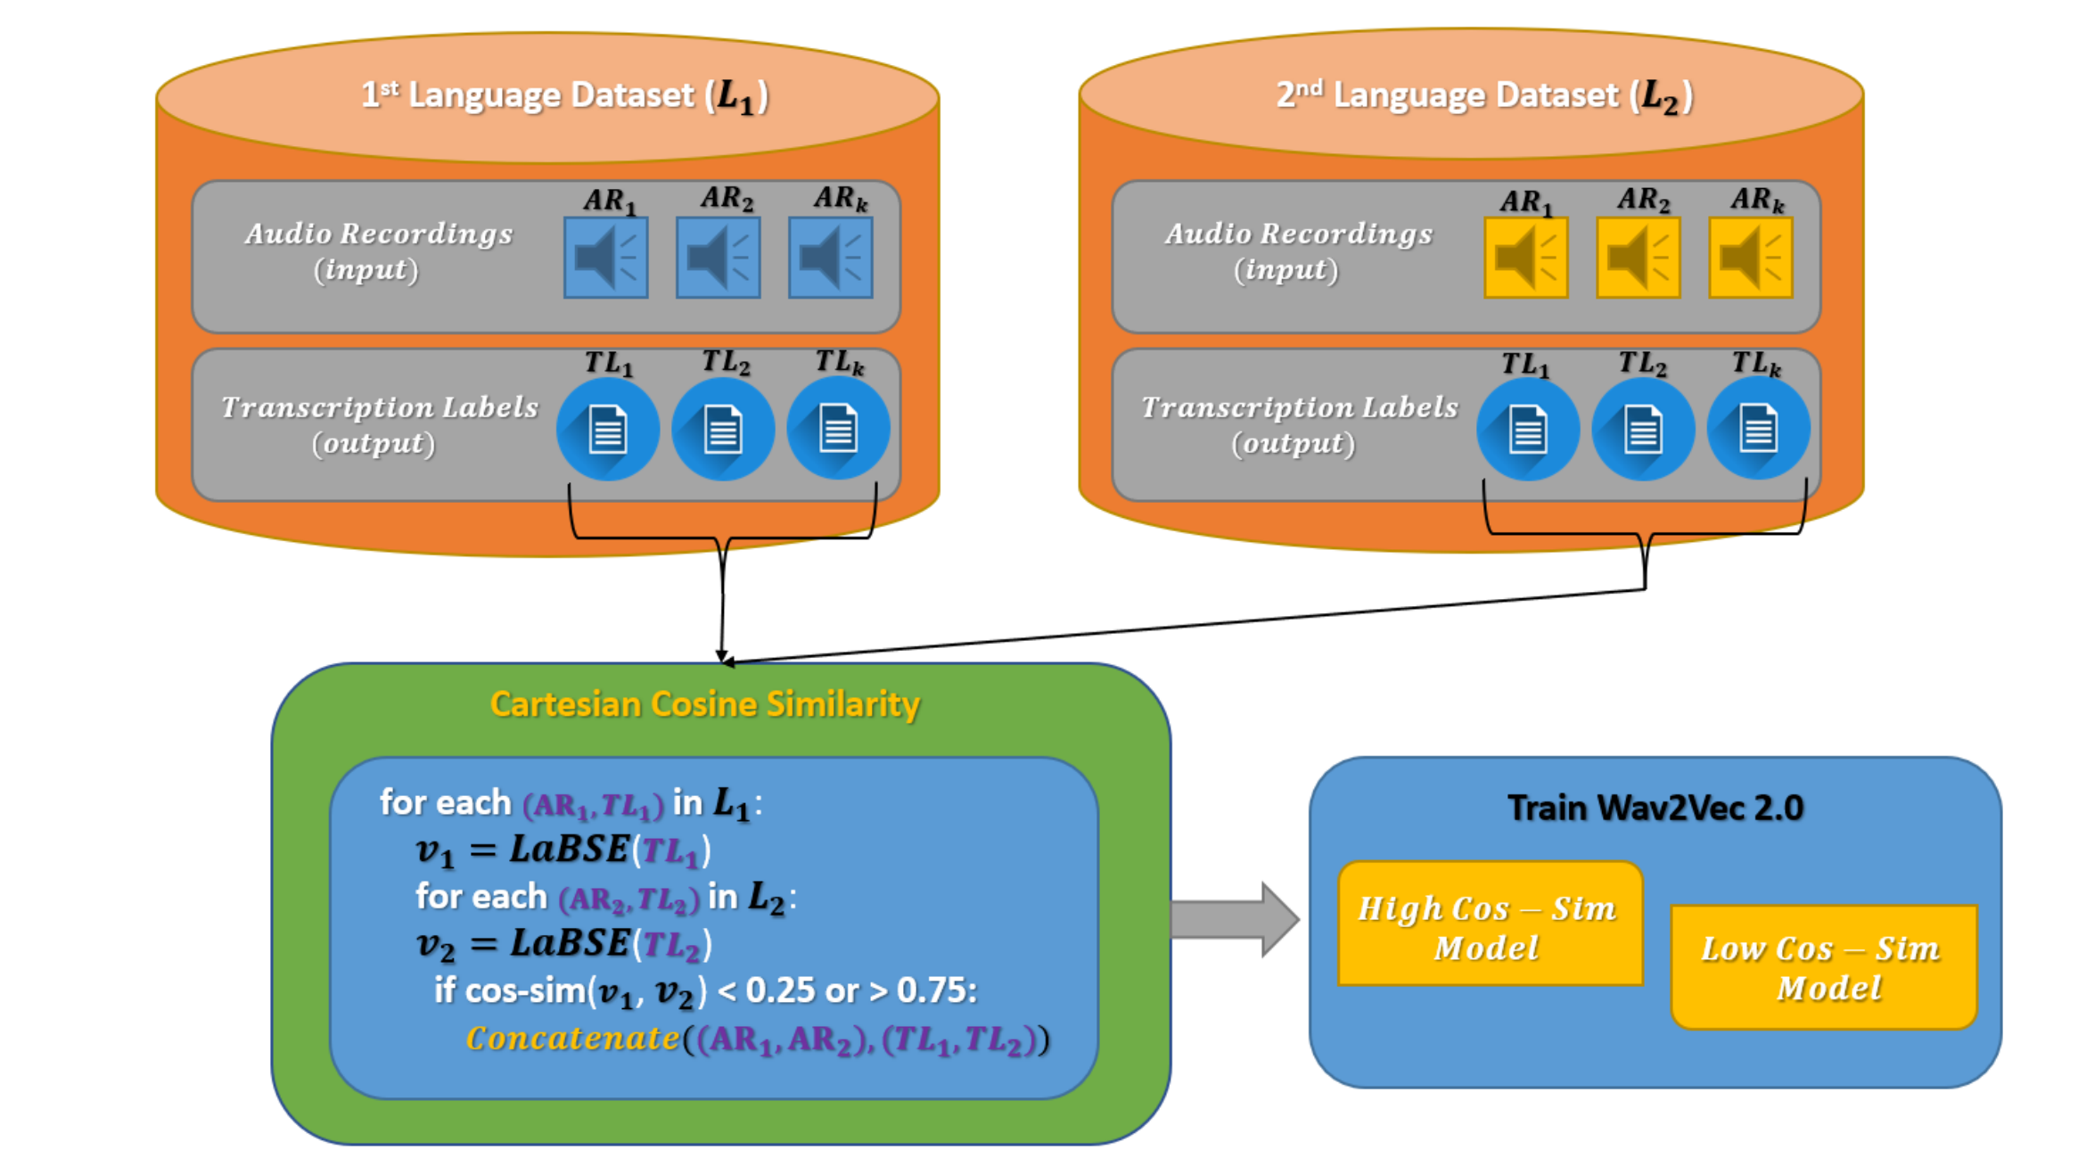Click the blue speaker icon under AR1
[605, 257]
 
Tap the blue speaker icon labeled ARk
[830, 257]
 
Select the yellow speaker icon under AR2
[1638, 257]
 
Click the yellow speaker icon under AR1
[1525, 257]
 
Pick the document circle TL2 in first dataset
[722, 430]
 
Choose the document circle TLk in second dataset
[1757, 430]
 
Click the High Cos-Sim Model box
[1489, 924]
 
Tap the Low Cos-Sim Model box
[1823, 966]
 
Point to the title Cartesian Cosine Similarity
[704, 704]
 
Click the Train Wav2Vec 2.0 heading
[1655, 808]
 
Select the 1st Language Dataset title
[564, 95]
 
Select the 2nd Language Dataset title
[1484, 95]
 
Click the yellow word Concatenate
[571, 1039]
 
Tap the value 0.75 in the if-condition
[935, 990]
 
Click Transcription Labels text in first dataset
[379, 408]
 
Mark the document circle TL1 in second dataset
[1527, 430]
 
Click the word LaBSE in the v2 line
[569, 943]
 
